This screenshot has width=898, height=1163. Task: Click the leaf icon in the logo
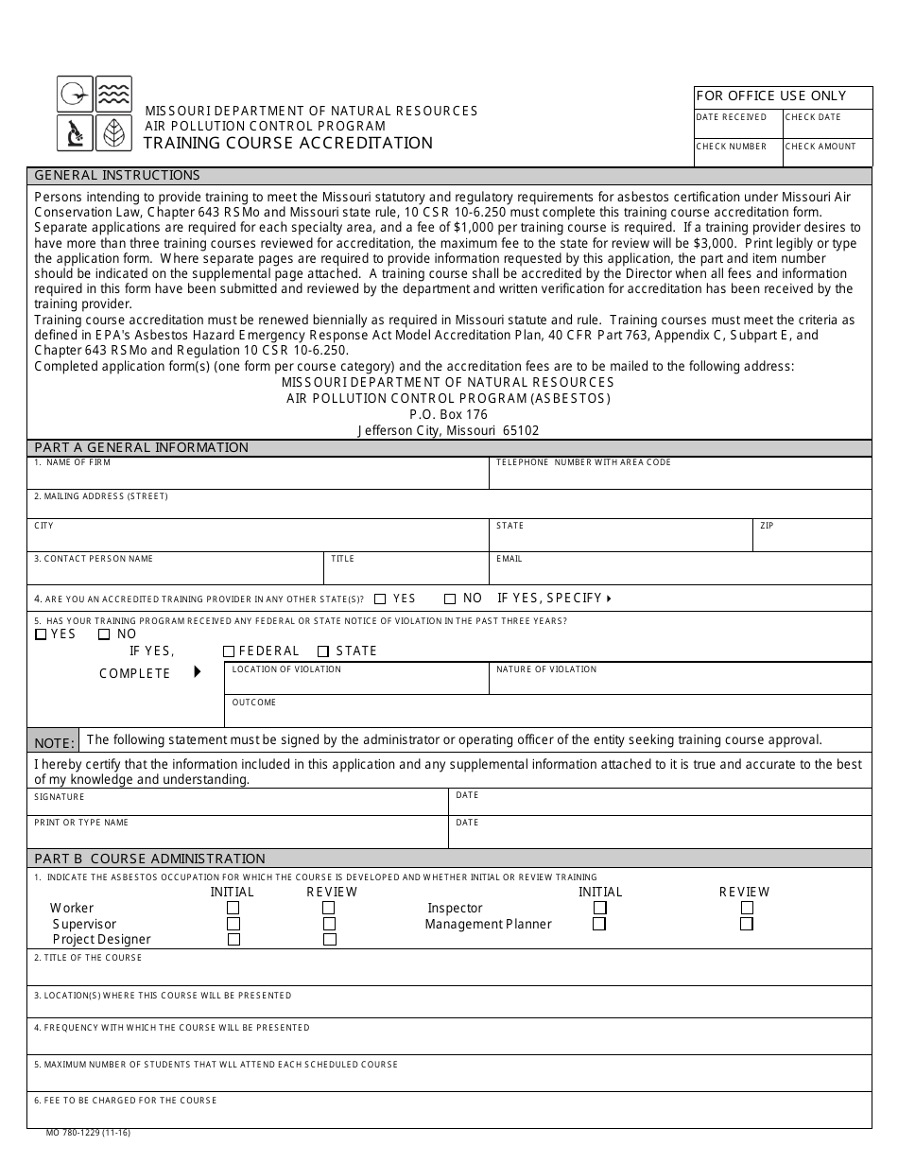click(113, 133)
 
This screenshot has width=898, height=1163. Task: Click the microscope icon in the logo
click(75, 133)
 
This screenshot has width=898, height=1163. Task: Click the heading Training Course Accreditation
click(288, 143)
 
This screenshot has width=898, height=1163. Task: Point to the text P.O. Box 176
click(448, 414)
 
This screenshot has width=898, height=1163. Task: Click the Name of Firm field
click(257, 477)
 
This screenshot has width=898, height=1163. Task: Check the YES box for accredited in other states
click(380, 599)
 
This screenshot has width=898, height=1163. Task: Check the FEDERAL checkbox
click(229, 651)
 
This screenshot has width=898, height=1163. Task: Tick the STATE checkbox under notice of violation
click(323, 651)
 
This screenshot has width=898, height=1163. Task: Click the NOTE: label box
click(54, 743)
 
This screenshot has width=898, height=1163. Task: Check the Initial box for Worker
click(233, 908)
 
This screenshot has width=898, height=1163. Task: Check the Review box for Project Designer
click(330, 940)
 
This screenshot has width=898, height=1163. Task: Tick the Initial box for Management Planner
click(599, 924)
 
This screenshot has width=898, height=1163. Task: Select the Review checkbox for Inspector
click(747, 908)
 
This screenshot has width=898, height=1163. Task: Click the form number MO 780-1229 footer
click(88, 1133)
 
